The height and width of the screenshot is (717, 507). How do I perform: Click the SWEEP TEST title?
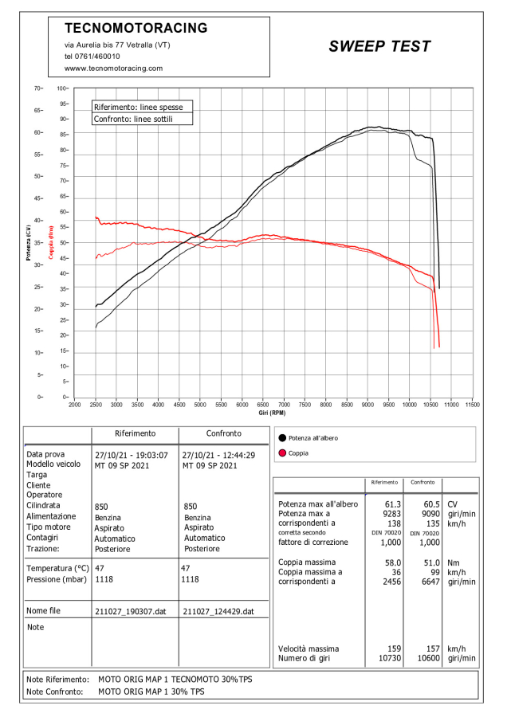[x=379, y=46]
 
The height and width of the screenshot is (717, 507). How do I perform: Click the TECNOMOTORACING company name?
[x=136, y=28]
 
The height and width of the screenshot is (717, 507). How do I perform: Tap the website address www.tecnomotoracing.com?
[x=113, y=69]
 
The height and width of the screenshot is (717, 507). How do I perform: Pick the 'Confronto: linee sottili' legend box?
[x=133, y=119]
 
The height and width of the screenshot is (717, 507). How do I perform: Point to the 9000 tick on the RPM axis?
[x=367, y=405]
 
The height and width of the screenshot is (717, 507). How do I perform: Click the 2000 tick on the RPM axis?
[x=75, y=405]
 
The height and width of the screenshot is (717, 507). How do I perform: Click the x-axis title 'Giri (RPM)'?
[x=272, y=413]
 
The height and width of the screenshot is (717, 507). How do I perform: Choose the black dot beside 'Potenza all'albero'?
[x=281, y=438]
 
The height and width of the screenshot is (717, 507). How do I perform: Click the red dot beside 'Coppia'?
[x=281, y=453]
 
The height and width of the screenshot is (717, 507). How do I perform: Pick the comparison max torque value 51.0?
[x=428, y=562]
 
